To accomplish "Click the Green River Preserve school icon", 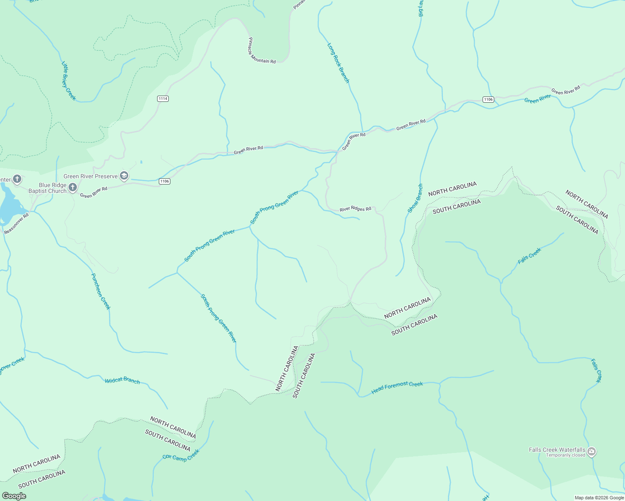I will tap(124, 176).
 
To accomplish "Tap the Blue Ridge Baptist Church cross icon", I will tap(73, 187).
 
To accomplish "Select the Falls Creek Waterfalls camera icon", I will tap(592, 451).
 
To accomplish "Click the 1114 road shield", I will tap(163, 99).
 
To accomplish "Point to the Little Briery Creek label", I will tap(69, 81).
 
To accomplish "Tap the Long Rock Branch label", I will tap(338, 63).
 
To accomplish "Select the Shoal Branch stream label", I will tap(415, 198).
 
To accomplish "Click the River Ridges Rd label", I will tap(355, 209).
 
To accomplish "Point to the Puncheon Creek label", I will tap(101, 291).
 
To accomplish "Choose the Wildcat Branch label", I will tap(122, 380).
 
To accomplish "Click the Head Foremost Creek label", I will tap(397, 387).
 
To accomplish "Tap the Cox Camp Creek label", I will tap(181, 455).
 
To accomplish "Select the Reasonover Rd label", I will tap(16, 223).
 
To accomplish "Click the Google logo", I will tap(14, 496).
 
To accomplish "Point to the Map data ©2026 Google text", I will tap(599, 498).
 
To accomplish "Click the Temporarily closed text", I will tap(565, 455).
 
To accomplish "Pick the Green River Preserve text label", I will tap(90, 177).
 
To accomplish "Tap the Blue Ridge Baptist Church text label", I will tap(47, 188).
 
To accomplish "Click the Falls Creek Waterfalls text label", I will tap(557, 450).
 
